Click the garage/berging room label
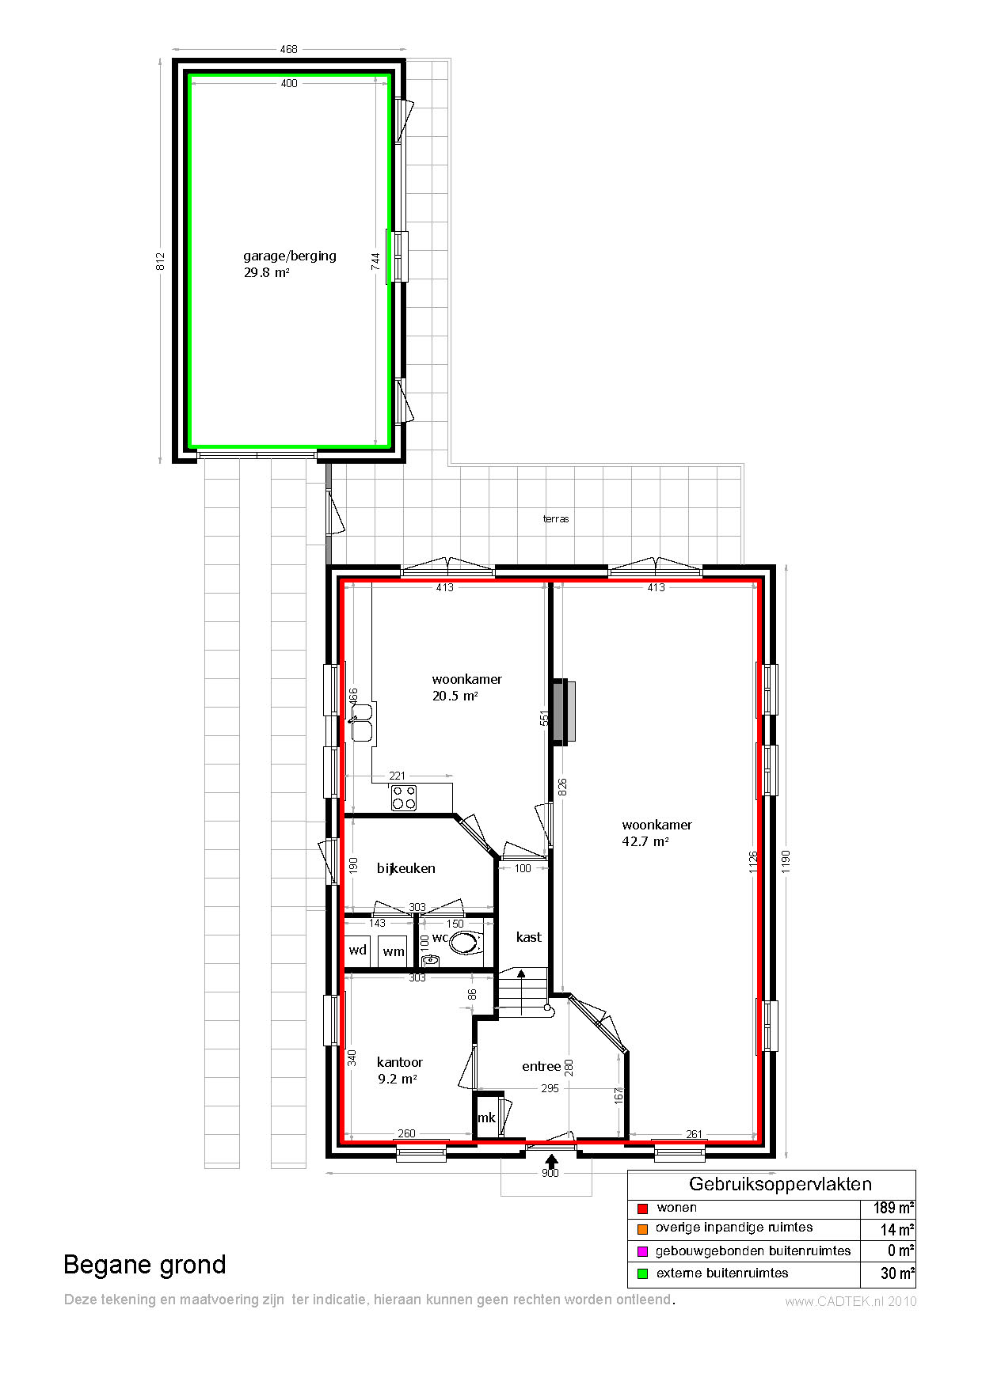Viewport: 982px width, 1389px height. click(290, 256)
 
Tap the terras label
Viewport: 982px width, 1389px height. click(556, 519)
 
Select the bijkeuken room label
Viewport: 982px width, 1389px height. click(406, 868)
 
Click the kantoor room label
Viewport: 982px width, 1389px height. click(400, 1062)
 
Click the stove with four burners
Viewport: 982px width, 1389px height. click(404, 798)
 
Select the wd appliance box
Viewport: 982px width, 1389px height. click(358, 951)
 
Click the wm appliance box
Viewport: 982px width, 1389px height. click(394, 951)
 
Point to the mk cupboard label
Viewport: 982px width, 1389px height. click(486, 1118)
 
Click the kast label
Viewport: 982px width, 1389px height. click(529, 937)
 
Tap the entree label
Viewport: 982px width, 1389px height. click(542, 1066)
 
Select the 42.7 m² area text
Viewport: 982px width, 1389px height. click(645, 841)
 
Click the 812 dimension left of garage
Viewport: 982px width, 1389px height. click(160, 261)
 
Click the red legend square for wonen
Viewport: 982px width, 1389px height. click(642, 1209)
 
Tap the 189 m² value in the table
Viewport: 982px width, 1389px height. click(894, 1208)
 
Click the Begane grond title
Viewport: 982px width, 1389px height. click(145, 1265)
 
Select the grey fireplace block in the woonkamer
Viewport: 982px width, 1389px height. click(565, 711)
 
